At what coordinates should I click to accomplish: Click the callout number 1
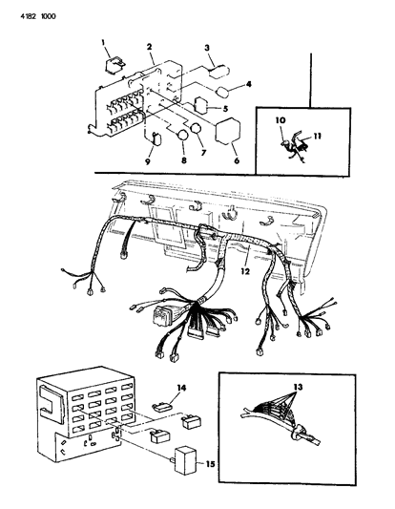[x=103, y=42]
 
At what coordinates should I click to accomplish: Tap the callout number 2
[x=149, y=47]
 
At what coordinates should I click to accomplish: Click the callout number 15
[x=210, y=464]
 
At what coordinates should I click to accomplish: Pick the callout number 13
[x=298, y=387]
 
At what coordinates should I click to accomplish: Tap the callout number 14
[x=181, y=388]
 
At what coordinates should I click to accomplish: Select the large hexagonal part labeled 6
[x=228, y=131]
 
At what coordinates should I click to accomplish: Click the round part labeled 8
[x=182, y=136]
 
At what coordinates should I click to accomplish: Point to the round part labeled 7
[x=196, y=128]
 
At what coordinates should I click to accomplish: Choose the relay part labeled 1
[x=115, y=66]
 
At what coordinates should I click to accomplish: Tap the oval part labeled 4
[x=223, y=93]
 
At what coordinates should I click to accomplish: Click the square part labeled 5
[x=201, y=106]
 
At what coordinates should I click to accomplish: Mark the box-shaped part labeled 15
[x=185, y=460]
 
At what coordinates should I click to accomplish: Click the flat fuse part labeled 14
[x=162, y=407]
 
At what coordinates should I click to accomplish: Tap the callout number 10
[x=281, y=120]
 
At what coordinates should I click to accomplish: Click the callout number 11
[x=318, y=136]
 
